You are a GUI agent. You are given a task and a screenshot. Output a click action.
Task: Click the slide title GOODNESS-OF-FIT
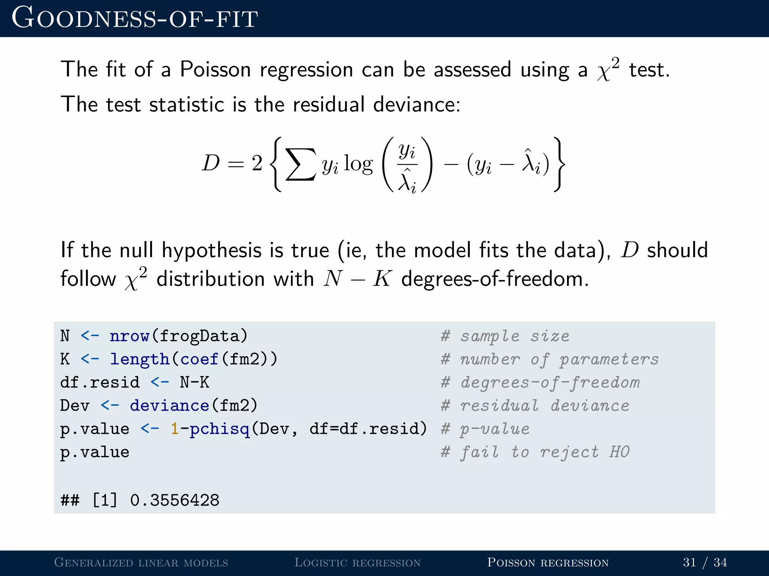tap(134, 18)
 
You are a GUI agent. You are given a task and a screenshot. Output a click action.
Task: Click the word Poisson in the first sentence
tap(215, 70)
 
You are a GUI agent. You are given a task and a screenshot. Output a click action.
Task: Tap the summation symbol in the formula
tap(301, 164)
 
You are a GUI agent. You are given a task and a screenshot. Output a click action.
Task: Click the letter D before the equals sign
tap(211, 163)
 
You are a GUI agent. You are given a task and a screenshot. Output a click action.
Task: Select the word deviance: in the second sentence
tap(416, 104)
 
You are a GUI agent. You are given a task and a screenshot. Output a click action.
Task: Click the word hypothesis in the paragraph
tap(211, 250)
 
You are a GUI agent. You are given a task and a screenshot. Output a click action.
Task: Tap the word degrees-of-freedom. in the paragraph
tap(495, 279)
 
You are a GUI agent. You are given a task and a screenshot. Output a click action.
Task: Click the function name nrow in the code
tap(130, 336)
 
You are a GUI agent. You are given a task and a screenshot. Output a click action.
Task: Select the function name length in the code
tap(139, 359)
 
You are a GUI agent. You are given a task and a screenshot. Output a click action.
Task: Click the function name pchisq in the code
tap(219, 429)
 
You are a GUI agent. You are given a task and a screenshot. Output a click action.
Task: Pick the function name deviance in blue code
tap(169, 406)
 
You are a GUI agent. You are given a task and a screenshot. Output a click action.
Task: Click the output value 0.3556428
tap(175, 500)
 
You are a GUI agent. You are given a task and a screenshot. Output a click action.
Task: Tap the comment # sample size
tap(505, 336)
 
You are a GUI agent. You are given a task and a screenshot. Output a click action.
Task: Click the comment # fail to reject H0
tap(535, 452)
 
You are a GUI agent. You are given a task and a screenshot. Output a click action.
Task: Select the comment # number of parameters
tap(550, 359)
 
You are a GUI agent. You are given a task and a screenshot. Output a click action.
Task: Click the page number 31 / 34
tap(704, 562)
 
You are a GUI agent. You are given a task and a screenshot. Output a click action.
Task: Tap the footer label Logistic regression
tap(357, 562)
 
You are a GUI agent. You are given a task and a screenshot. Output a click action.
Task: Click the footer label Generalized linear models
tap(141, 562)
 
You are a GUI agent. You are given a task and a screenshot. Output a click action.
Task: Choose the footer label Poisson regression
tap(547, 562)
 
